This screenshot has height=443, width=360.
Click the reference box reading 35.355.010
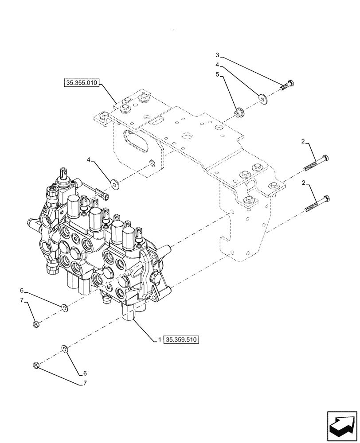click(82, 82)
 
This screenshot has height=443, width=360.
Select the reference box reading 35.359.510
click(182, 340)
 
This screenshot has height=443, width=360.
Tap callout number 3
click(217, 55)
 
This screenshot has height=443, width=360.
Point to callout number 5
click(217, 75)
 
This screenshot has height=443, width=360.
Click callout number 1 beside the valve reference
click(158, 340)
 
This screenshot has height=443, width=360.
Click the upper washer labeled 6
click(64, 307)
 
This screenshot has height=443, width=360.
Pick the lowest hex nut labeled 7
click(36, 365)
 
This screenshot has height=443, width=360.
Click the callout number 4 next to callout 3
click(217, 65)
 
